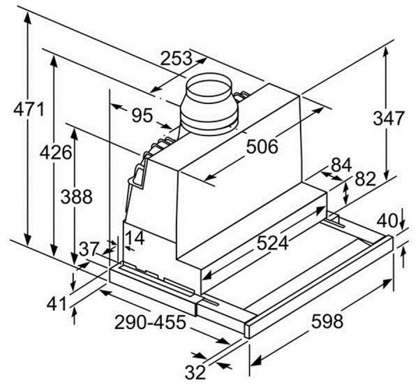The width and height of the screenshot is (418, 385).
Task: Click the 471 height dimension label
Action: tap(29, 109)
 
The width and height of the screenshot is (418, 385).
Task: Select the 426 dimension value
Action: tap(56, 152)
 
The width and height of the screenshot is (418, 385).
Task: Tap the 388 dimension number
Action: tap(77, 197)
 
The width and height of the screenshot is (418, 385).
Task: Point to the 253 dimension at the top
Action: tap(176, 58)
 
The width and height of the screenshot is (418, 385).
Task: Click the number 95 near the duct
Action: tap(142, 115)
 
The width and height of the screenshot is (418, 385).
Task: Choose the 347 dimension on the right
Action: tap(389, 118)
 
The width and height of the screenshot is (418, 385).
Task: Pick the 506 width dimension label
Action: tap(262, 146)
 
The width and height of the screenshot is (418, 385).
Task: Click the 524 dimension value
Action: tap(272, 242)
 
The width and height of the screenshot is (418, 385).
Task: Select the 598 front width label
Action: tap(327, 321)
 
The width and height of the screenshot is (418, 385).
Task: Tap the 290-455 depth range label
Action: tap(150, 322)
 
